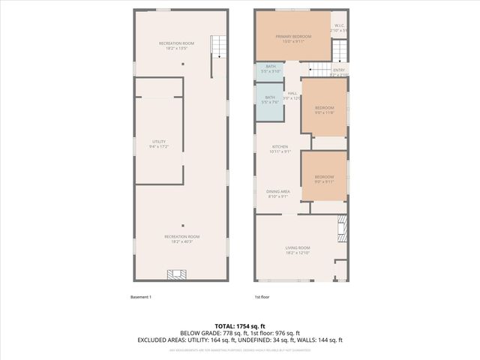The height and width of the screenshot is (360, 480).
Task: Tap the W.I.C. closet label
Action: click(x=340, y=31)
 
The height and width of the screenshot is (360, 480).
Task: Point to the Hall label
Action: click(x=292, y=95)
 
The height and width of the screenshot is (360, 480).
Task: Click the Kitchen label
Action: click(x=280, y=148)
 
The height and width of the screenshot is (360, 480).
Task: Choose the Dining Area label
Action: click(x=278, y=193)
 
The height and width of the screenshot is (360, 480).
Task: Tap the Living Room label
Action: click(x=298, y=250)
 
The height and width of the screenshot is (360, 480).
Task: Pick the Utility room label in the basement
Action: click(x=159, y=143)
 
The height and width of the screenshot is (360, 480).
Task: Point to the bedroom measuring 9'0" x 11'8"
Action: click(x=324, y=110)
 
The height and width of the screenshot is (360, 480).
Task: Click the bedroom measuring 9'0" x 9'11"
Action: click(x=324, y=178)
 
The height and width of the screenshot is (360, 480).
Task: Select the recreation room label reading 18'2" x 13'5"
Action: click(x=176, y=46)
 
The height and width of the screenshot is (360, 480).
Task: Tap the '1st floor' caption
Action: click(x=262, y=297)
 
